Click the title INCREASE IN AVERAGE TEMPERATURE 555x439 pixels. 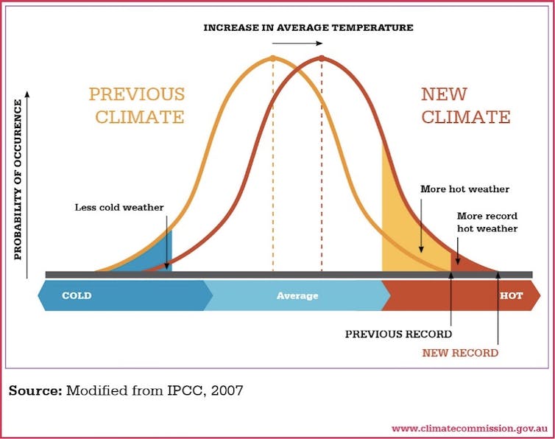pyautogui.click(x=308, y=27)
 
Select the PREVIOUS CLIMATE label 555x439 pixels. pyautogui.click(x=136, y=105)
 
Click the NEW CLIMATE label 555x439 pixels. pyautogui.click(x=465, y=105)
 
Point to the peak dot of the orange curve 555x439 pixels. pyautogui.click(x=272, y=58)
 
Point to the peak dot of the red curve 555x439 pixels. pyautogui.click(x=322, y=58)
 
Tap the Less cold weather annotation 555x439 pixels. pyautogui.click(x=119, y=207)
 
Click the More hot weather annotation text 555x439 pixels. pyautogui.click(x=464, y=189)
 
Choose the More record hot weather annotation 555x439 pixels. pyautogui.click(x=487, y=222)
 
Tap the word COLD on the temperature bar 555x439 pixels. pyautogui.click(x=77, y=296)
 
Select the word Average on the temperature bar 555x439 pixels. pyautogui.click(x=297, y=296)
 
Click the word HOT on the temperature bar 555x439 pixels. pyautogui.click(x=511, y=296)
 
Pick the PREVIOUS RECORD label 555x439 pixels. pyautogui.click(x=398, y=334)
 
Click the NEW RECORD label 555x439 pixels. pyautogui.click(x=460, y=353)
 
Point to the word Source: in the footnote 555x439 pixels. pyautogui.click(x=35, y=390)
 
